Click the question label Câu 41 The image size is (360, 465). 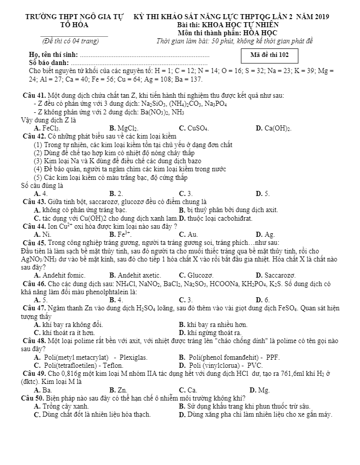point(34,95)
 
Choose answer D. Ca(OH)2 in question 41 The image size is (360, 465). point(273,128)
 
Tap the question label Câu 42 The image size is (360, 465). point(34,137)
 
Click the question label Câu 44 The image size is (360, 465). point(34,226)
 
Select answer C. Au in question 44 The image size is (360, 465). point(188,234)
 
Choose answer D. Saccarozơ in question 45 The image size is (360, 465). point(275,275)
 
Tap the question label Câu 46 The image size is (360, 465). point(34,284)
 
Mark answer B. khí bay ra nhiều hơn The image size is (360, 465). point(213,324)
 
